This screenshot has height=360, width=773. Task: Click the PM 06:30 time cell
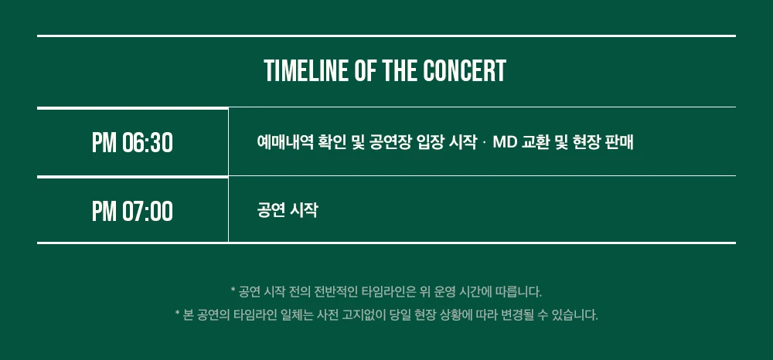point(133,142)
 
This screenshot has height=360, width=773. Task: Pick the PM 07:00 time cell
point(133,210)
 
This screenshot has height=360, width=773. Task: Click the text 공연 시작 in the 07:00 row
point(288,210)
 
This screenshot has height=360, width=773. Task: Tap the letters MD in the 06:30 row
point(504,142)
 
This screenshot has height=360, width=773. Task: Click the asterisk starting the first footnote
point(233,290)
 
